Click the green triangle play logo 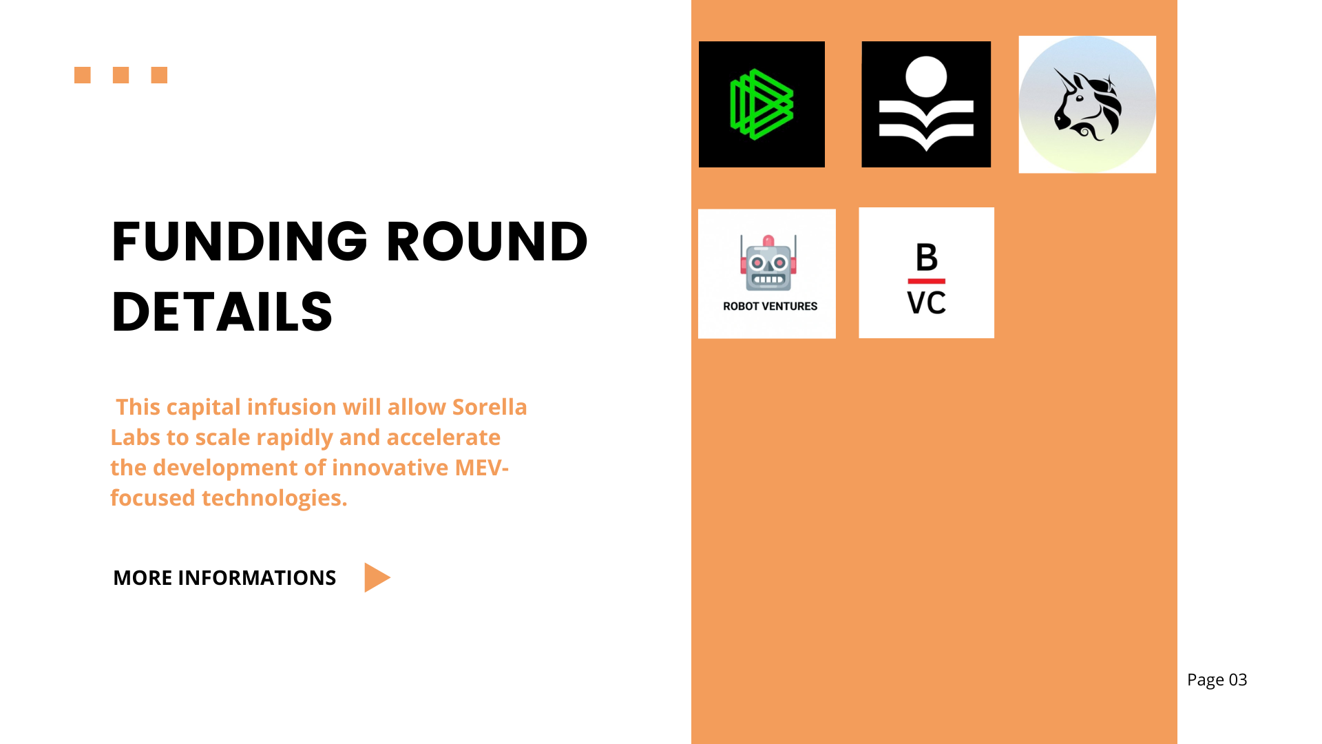(x=762, y=104)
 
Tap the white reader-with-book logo (x=926, y=104)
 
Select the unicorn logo (x=1087, y=105)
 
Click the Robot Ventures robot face (x=768, y=263)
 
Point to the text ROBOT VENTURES (x=770, y=307)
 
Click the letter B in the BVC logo (x=927, y=258)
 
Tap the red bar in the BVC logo (x=927, y=281)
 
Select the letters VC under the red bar (x=927, y=303)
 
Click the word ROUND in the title (x=487, y=241)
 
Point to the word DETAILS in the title (x=222, y=311)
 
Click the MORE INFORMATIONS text (x=224, y=577)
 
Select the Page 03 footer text (x=1217, y=680)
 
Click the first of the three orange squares (x=83, y=75)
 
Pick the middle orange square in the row (x=121, y=75)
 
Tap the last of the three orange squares (x=160, y=75)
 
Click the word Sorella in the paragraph (x=490, y=407)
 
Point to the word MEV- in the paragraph (x=482, y=468)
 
